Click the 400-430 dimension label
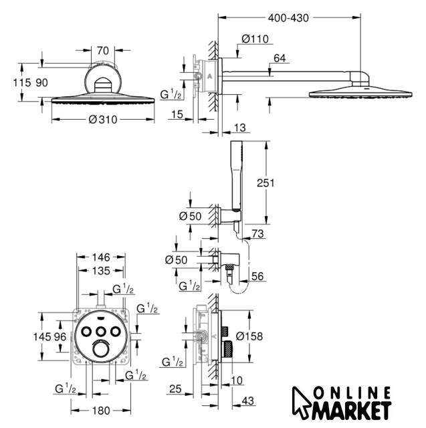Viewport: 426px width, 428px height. pos(289,18)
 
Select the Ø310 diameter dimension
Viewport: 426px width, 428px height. pos(104,120)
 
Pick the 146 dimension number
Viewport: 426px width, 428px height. pos(100,256)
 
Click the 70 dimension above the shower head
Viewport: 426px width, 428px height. pos(102,49)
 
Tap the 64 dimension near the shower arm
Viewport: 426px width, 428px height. pos(280,59)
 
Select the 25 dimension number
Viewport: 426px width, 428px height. pos(175,388)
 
